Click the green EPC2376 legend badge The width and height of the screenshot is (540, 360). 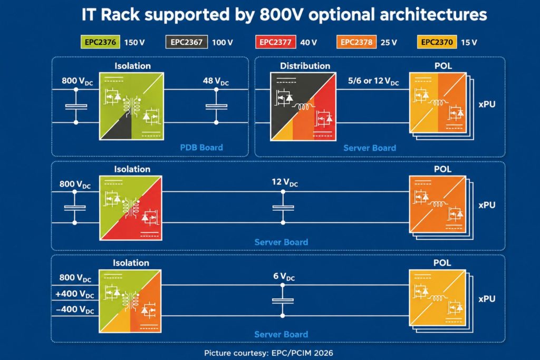(x=100, y=42)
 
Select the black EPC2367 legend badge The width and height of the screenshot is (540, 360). (x=186, y=42)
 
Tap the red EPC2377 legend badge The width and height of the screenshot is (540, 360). (x=275, y=42)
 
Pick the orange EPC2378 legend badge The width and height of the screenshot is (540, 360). (x=356, y=42)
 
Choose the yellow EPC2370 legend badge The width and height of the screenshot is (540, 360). (x=437, y=42)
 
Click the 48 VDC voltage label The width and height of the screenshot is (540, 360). (x=216, y=81)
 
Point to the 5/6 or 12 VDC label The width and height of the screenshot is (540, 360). (x=373, y=81)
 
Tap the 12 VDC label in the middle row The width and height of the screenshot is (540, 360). (x=285, y=182)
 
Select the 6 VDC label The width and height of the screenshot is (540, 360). (x=284, y=276)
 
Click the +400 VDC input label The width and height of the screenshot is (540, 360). (x=75, y=294)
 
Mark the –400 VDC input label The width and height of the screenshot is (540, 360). (x=75, y=310)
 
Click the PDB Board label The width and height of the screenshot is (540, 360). (x=201, y=148)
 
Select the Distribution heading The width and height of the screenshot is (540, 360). (x=305, y=66)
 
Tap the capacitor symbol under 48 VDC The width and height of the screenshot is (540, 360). (x=216, y=106)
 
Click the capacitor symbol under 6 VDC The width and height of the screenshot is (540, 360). (x=283, y=300)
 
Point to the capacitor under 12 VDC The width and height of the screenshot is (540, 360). (x=283, y=208)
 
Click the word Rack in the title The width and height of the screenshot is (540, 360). (x=121, y=15)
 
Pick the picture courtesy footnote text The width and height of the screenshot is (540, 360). (x=268, y=353)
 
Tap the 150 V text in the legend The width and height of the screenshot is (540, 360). (x=134, y=42)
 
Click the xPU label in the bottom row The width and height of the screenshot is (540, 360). (x=487, y=299)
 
